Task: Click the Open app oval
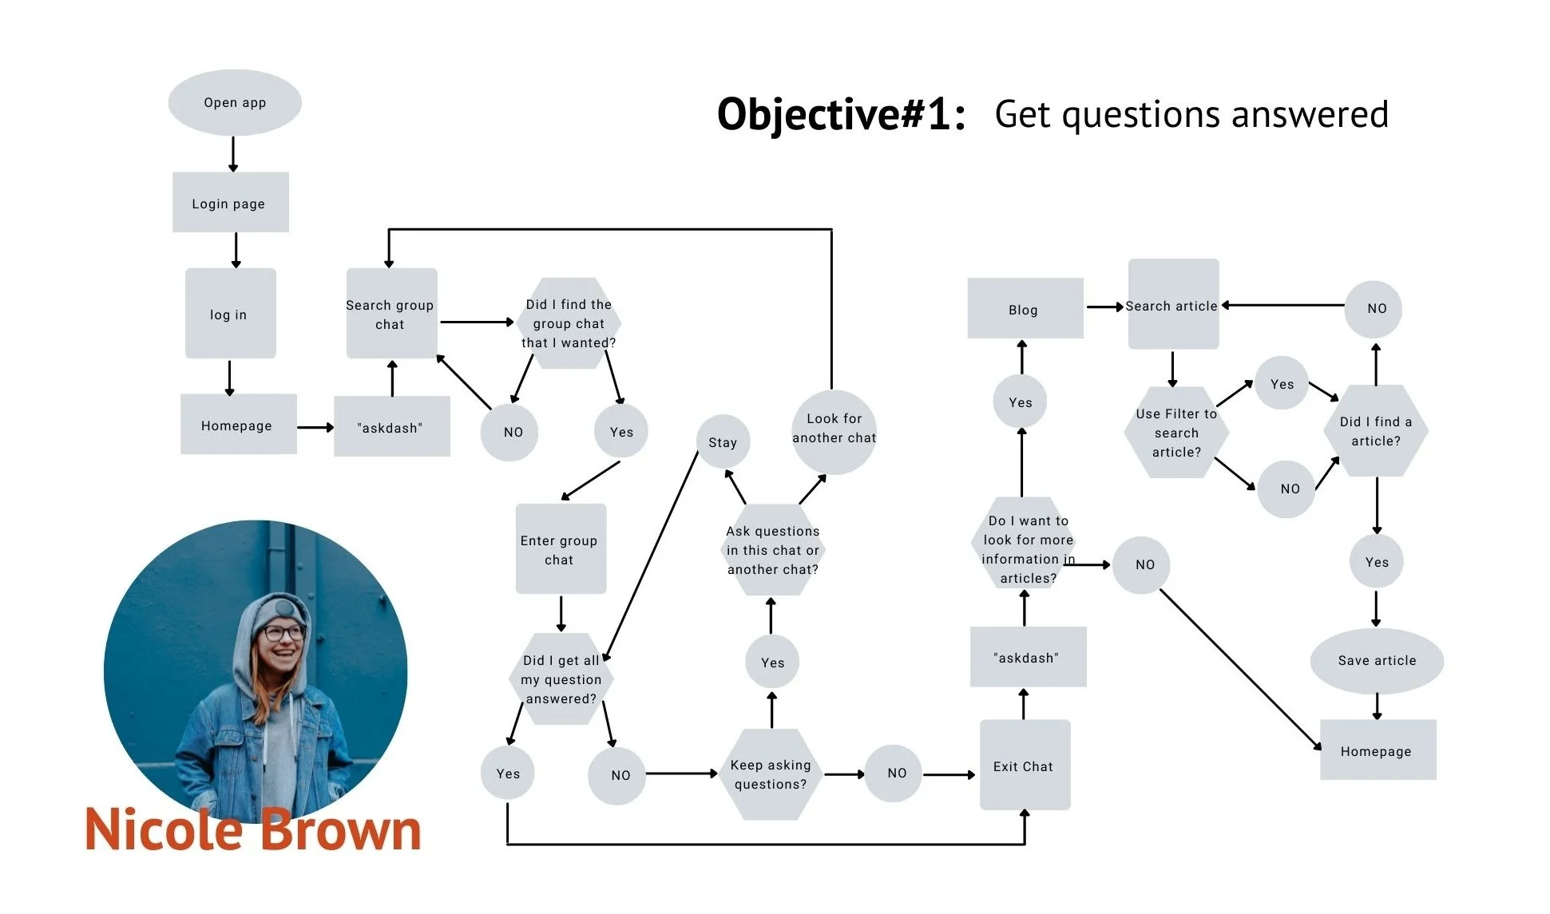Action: [x=235, y=102]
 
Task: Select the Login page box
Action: [x=230, y=203]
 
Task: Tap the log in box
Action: [x=230, y=314]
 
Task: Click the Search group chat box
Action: [x=390, y=314]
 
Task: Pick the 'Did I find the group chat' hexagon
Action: [x=569, y=322]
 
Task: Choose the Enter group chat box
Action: [x=560, y=549]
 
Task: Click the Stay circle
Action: [x=723, y=442]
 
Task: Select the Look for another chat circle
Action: [x=834, y=431]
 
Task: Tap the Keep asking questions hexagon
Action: [x=771, y=774]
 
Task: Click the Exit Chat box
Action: [x=1024, y=766]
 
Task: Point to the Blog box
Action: [x=1025, y=309]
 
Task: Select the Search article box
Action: [x=1172, y=305]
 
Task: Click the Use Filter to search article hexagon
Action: [x=1176, y=433]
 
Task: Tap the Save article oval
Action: [x=1377, y=660]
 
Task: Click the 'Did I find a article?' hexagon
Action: [x=1376, y=431]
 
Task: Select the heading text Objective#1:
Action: [x=841, y=114]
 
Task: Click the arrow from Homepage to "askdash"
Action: [x=315, y=428]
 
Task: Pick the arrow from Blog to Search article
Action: [x=1105, y=307]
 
